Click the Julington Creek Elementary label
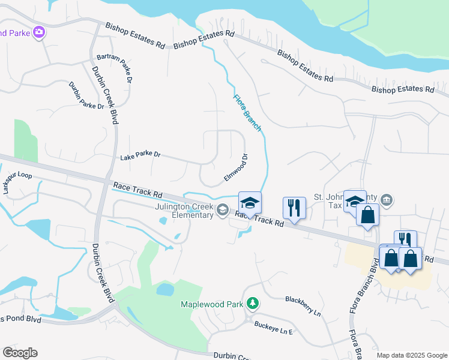click(184, 211)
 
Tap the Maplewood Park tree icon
click(253, 304)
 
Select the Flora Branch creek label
click(247, 113)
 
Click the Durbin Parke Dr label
click(86, 95)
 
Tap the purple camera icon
click(40, 32)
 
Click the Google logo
click(20, 353)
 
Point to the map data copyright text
click(412, 355)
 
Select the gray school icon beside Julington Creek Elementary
click(223, 209)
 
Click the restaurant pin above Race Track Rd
click(294, 208)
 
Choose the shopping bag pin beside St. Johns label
click(367, 215)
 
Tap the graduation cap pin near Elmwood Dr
click(250, 202)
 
